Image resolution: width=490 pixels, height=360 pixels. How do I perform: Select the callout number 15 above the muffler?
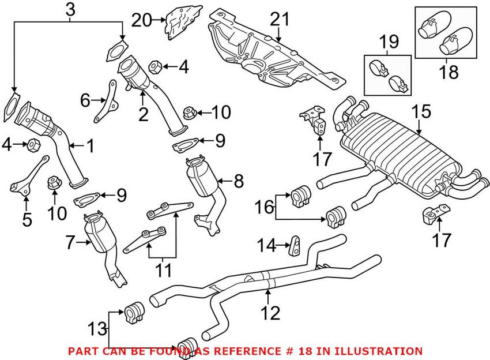click(x=422, y=111)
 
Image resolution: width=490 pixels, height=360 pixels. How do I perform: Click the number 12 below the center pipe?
click(x=270, y=313)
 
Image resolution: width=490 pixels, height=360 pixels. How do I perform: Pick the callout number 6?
click(x=85, y=100)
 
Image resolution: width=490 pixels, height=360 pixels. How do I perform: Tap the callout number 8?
click(x=238, y=181)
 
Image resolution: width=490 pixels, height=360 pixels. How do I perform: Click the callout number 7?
click(x=70, y=243)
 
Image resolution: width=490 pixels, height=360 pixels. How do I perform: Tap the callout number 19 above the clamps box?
click(x=389, y=42)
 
